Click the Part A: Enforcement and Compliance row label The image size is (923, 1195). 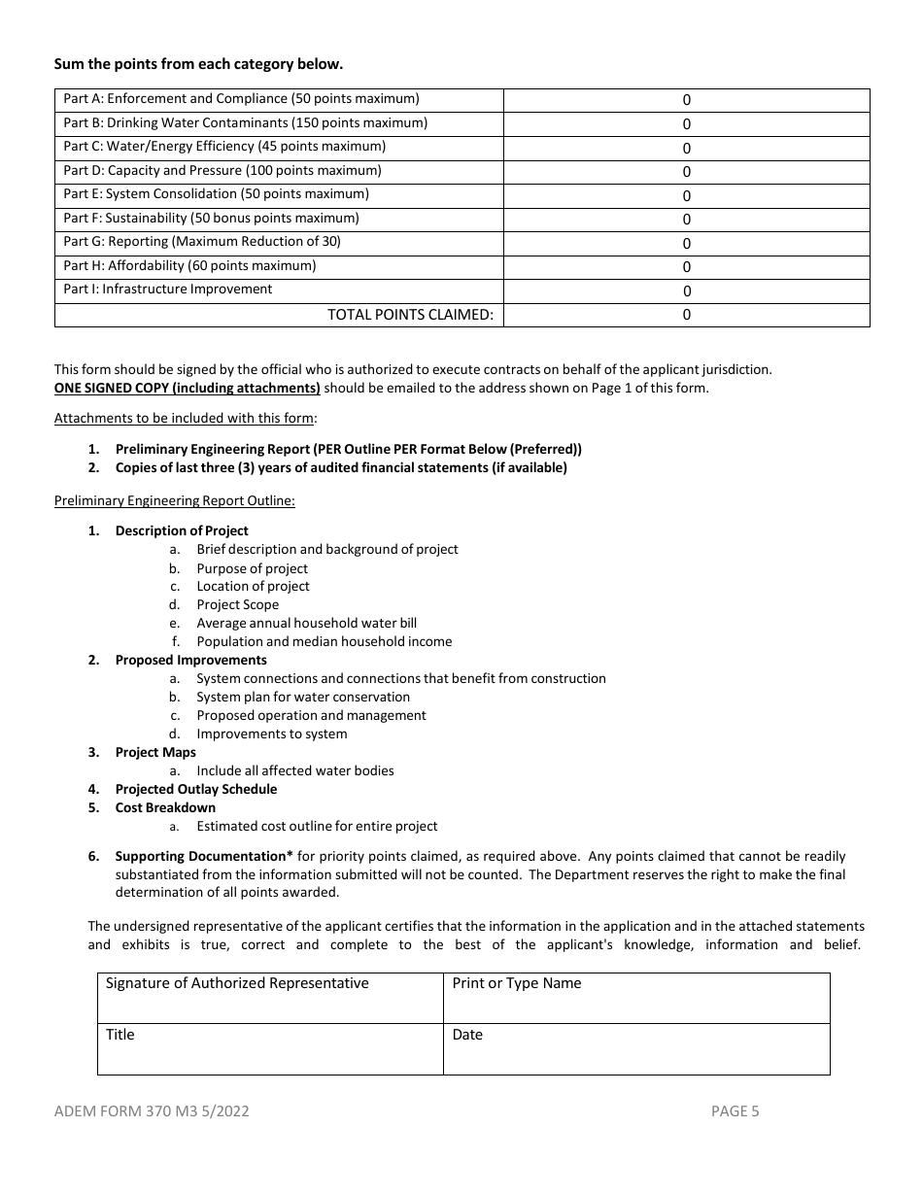click(241, 99)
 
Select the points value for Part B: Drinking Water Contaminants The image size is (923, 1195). click(686, 123)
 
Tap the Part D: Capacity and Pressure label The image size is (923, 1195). click(222, 171)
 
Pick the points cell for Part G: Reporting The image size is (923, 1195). click(686, 243)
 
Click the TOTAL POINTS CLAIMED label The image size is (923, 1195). click(410, 315)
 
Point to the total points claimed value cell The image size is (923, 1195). click(686, 315)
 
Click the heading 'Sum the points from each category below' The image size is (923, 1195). click(198, 64)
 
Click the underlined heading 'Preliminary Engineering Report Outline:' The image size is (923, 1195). click(175, 500)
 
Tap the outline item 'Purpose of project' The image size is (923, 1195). click(252, 568)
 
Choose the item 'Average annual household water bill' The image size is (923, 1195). click(306, 623)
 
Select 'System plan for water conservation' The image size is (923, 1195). click(303, 697)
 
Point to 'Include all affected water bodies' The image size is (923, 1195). click(295, 770)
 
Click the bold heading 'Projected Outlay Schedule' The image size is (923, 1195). click(195, 789)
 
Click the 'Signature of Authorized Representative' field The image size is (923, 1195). click(270, 998)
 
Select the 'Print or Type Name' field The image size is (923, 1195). click(636, 998)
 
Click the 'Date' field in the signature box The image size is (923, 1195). click(636, 1049)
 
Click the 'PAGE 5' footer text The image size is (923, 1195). click(735, 1111)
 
